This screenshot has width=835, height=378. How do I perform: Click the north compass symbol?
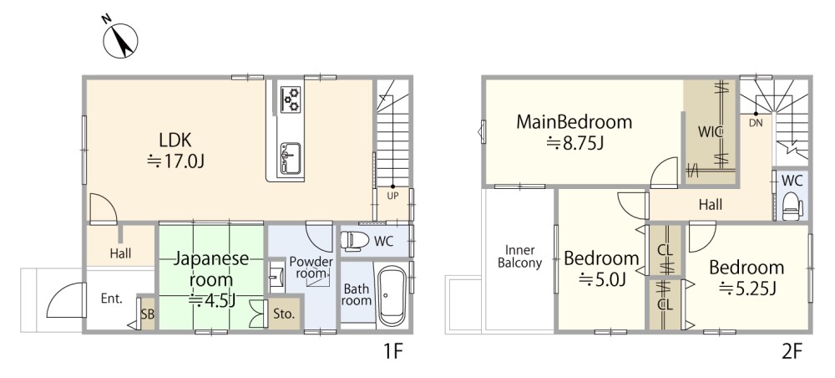coord(120,38)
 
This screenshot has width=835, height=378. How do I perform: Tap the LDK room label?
coord(175,140)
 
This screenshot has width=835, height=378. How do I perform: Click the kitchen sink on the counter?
coord(291,157)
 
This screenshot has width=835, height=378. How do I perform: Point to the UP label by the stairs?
coord(392,196)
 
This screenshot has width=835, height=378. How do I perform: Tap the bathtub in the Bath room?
coord(392,296)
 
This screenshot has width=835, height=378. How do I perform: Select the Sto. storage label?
coord(285,314)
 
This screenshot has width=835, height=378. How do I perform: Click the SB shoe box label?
coord(148,314)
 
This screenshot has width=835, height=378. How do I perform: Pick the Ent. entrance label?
coord(112,299)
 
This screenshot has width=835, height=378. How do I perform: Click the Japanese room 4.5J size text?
coord(212,300)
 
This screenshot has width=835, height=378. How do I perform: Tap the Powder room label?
coord(311,267)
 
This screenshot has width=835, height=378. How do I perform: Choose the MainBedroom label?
coord(574,122)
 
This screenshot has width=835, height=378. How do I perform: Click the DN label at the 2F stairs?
coord(755,122)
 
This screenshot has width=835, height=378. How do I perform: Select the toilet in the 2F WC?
coord(793,207)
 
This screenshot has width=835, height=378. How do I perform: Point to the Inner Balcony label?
coord(519,257)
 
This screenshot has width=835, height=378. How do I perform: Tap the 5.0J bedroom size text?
coord(602,278)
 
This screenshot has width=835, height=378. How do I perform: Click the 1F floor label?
coord(392,352)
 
